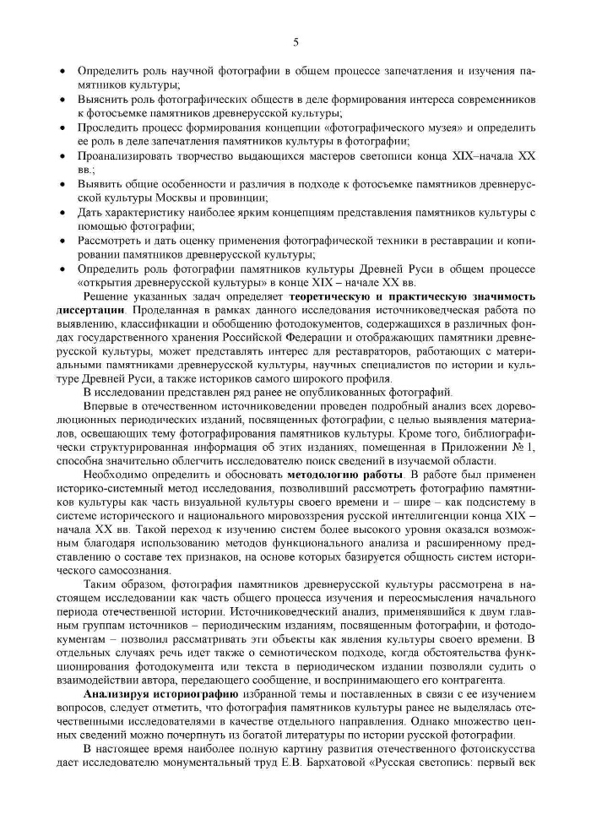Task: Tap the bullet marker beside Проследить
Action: tap(63, 128)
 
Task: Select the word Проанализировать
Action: tap(127, 156)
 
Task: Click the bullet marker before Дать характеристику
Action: tap(63, 212)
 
